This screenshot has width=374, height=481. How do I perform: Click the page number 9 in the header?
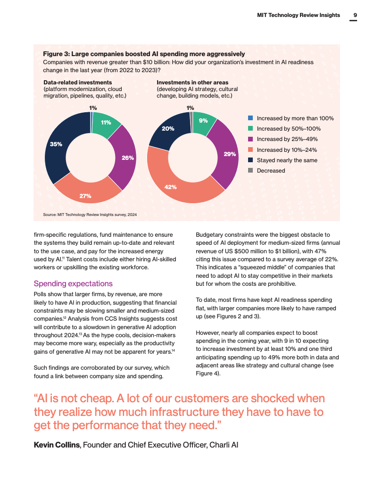(x=355, y=15)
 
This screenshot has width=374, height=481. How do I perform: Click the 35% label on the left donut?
(x=56, y=144)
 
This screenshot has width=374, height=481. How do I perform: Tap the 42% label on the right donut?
(x=170, y=187)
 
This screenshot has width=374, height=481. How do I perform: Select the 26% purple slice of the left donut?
(x=125, y=156)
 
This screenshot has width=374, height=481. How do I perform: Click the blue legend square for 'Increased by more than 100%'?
(x=251, y=118)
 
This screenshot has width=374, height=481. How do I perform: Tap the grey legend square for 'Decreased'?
(x=251, y=170)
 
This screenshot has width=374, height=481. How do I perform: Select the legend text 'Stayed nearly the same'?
(x=287, y=160)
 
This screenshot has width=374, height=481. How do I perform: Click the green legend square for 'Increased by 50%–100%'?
(x=251, y=129)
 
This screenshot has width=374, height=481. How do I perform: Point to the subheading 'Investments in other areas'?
(x=192, y=83)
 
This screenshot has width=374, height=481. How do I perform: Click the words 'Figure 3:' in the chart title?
(x=57, y=54)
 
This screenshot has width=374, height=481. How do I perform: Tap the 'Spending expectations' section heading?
(x=73, y=283)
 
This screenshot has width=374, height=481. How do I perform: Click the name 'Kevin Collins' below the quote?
(x=57, y=445)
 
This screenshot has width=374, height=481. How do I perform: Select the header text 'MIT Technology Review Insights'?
(x=299, y=15)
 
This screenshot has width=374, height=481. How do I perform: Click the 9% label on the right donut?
(x=203, y=121)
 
